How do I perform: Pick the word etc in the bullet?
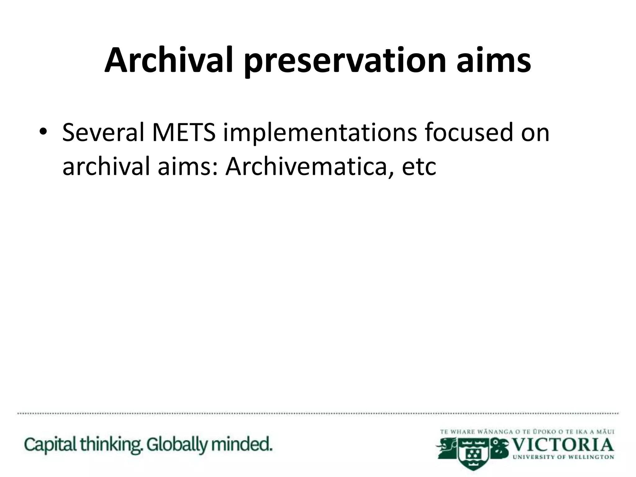tap(419, 166)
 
